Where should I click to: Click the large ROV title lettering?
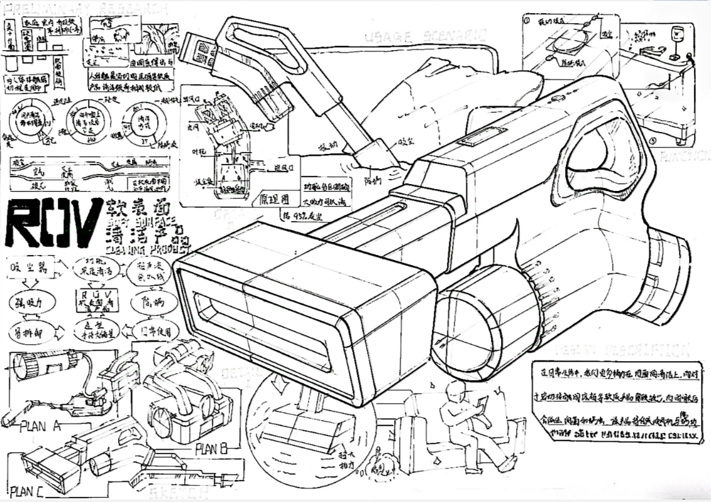pos(53,222)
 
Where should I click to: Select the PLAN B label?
pos(211,449)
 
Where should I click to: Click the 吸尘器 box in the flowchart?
pos(31,269)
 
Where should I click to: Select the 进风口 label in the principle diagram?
pos(286,166)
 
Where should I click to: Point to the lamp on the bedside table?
pos(677,41)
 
